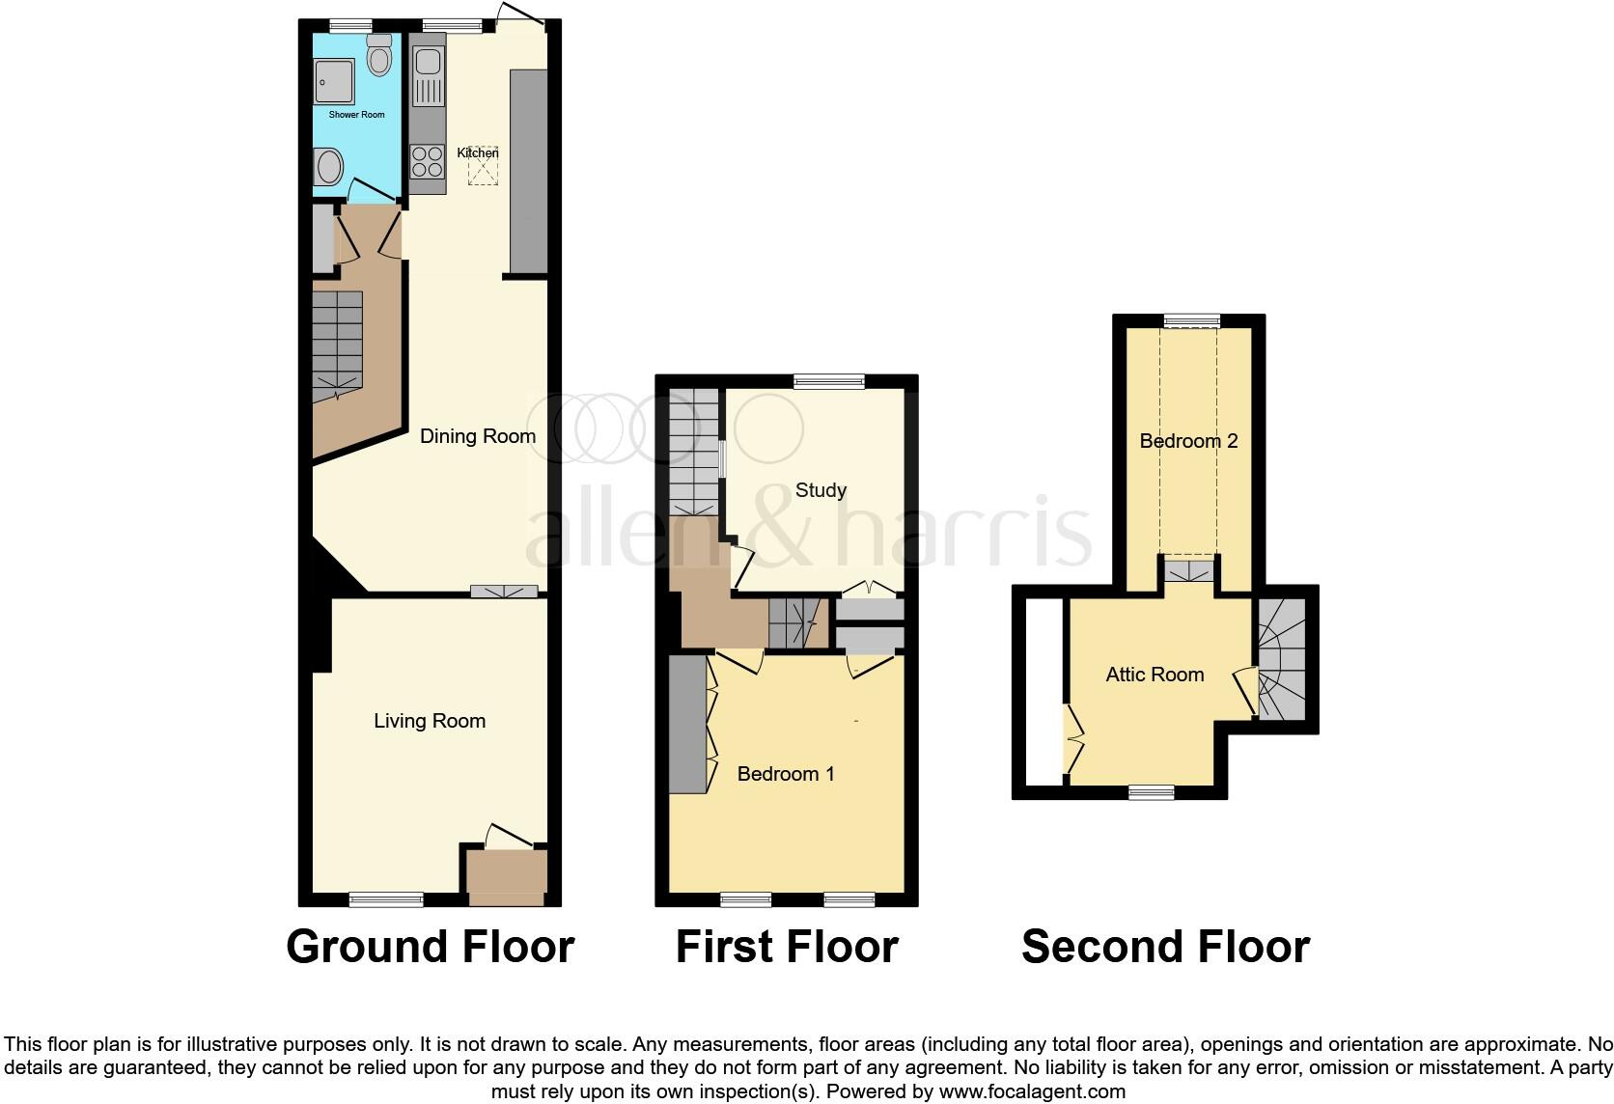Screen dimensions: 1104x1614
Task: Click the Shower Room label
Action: [x=356, y=115]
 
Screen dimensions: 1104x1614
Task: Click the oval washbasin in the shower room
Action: [x=329, y=168]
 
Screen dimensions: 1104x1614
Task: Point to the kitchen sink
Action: [x=427, y=77]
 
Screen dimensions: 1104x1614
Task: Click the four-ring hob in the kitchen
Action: [x=427, y=161]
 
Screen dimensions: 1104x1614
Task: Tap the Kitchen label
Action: [x=478, y=152]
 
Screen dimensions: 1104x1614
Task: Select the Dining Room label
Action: [x=477, y=436]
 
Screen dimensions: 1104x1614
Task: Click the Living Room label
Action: [x=430, y=721]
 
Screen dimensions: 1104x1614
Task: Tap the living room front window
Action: [x=386, y=899]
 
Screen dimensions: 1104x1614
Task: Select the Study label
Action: [x=821, y=490]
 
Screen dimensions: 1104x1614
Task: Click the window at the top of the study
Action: [x=829, y=382]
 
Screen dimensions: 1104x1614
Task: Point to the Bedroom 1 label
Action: [x=786, y=774]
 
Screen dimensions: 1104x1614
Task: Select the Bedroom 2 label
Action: [x=1188, y=441]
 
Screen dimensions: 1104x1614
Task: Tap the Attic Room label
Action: [x=1155, y=675]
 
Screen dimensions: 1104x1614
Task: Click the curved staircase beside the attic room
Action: [x=1282, y=660]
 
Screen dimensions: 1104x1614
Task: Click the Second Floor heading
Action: [x=1165, y=947]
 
